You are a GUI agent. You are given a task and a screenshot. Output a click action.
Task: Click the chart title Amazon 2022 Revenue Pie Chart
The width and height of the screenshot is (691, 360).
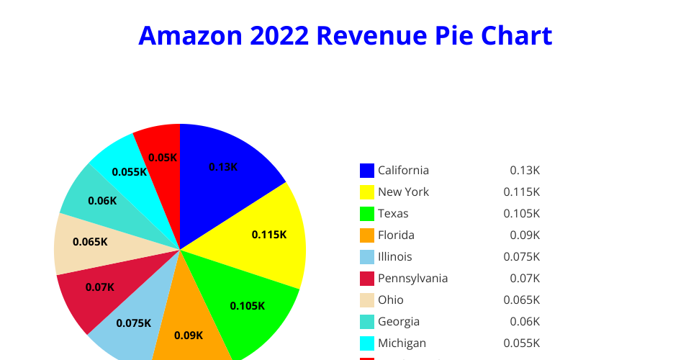click(345, 35)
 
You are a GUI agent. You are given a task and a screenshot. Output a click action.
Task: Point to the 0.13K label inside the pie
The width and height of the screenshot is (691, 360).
click(223, 167)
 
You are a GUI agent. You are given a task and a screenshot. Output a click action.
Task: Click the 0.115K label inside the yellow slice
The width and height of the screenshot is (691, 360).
click(269, 235)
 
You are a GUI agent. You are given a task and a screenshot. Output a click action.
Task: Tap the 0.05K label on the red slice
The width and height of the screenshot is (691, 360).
click(162, 158)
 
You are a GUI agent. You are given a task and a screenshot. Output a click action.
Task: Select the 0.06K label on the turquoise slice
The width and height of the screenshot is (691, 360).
click(102, 201)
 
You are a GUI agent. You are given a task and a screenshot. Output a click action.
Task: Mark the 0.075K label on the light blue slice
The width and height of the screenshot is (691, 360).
click(133, 323)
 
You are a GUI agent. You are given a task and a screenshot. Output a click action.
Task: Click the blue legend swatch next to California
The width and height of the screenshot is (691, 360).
click(367, 171)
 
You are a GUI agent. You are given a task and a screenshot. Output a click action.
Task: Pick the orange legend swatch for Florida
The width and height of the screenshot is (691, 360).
click(367, 235)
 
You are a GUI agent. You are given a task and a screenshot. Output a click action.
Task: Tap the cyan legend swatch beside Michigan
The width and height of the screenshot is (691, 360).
click(367, 343)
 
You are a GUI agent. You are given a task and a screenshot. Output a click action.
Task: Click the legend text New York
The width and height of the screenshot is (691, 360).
click(403, 192)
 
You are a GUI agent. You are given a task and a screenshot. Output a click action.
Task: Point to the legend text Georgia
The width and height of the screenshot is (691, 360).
click(399, 322)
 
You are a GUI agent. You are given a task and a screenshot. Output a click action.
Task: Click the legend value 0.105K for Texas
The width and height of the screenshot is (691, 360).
click(521, 214)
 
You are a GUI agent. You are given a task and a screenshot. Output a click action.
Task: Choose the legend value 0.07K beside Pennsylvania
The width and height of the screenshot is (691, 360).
click(524, 279)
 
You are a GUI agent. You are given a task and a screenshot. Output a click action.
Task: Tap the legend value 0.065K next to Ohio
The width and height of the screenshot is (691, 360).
click(521, 300)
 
